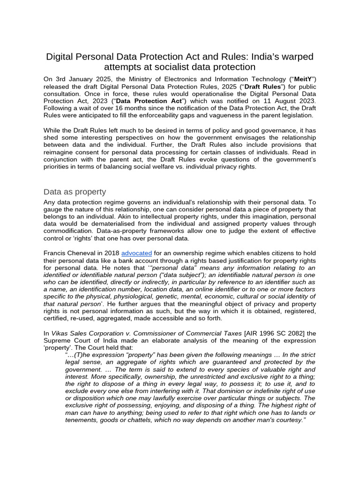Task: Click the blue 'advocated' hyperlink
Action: click(x=136, y=253)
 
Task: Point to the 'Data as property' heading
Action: click(x=75, y=192)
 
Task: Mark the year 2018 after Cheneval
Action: click(x=111, y=253)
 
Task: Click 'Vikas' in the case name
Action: click(x=62, y=333)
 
